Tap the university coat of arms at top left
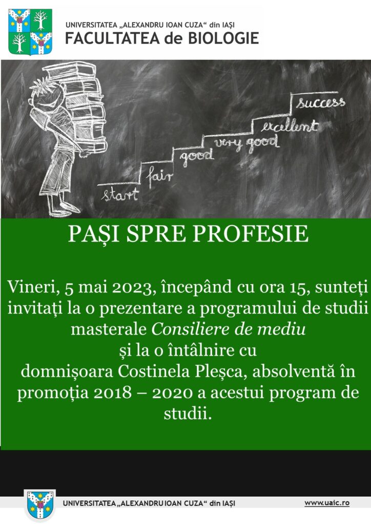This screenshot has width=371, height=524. coord(30,32)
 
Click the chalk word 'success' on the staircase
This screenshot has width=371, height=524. coord(320,102)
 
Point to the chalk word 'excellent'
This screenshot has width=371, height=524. coord(289,126)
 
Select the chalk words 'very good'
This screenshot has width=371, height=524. coord(246,143)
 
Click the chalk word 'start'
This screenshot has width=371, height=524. coord(120,194)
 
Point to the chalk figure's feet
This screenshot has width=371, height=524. coord(64,209)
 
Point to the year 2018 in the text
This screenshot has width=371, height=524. coord(113,393)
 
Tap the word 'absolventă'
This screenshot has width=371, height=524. coord(294,372)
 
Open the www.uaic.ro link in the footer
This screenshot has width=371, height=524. coord(327,503)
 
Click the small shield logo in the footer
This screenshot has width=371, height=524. coord(40,505)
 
